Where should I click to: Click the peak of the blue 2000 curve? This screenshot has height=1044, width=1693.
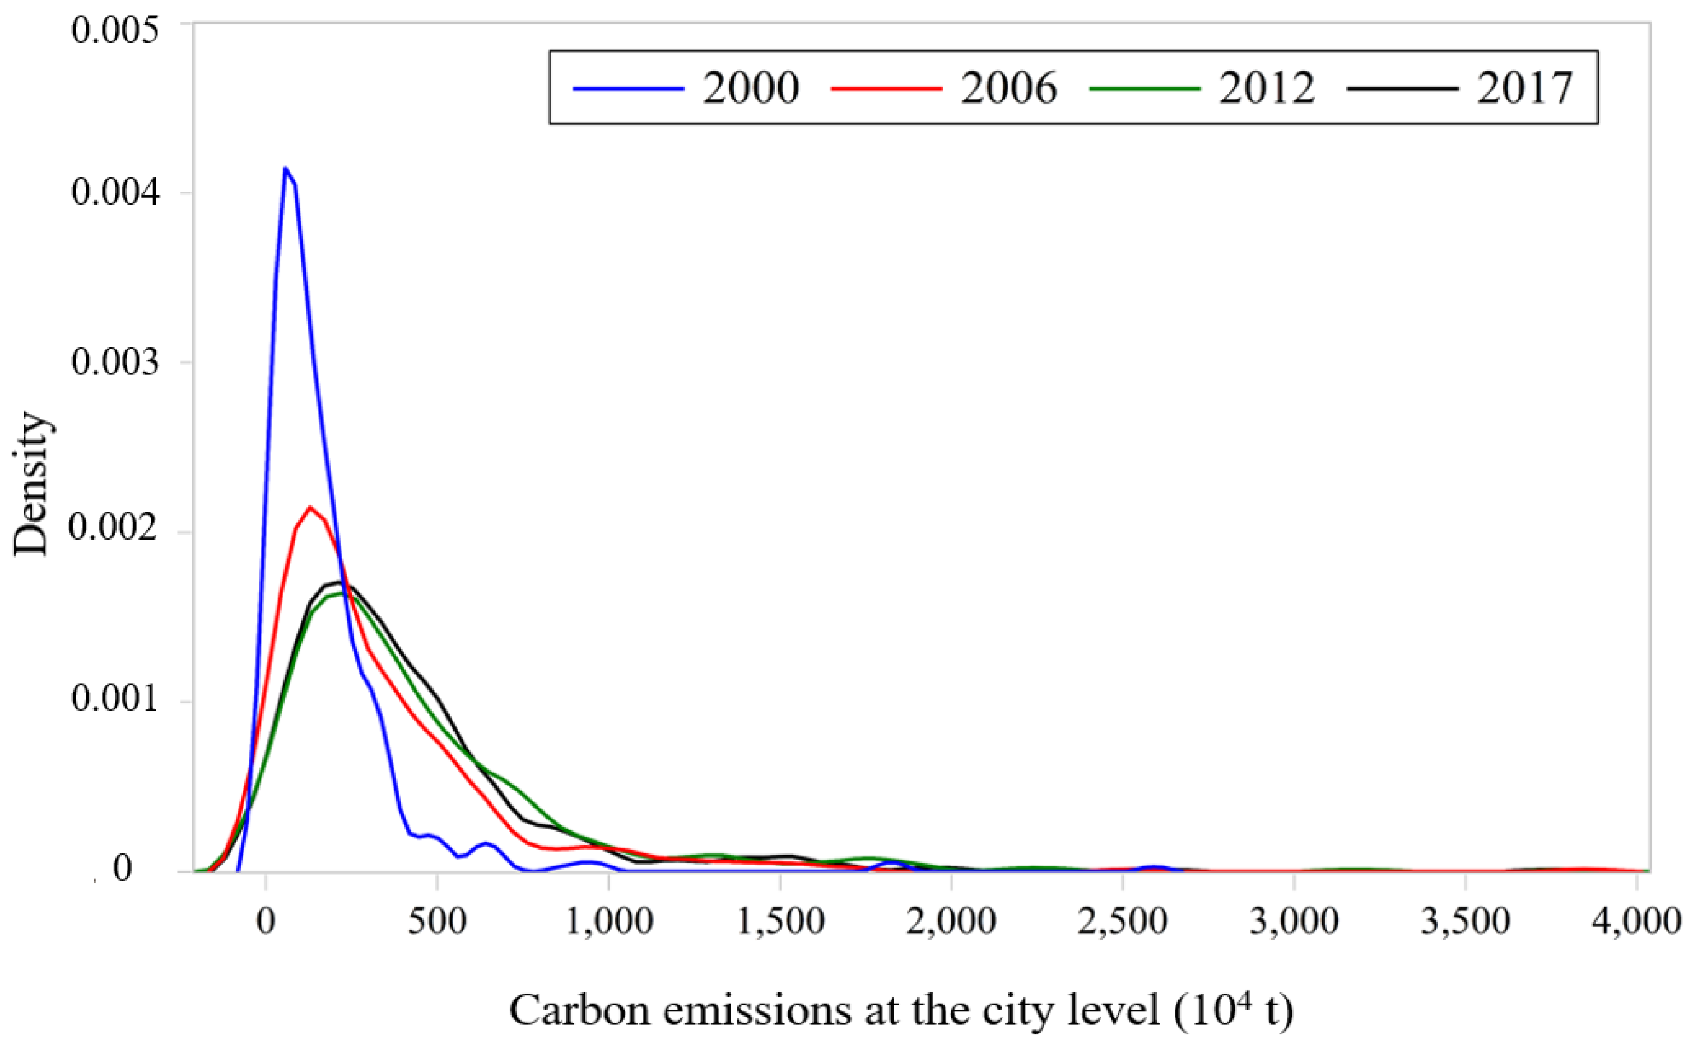(x=285, y=169)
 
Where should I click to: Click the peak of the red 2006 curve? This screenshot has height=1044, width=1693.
(x=310, y=508)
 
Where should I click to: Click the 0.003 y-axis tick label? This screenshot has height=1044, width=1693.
(x=115, y=362)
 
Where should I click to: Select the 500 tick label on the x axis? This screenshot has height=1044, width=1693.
(x=437, y=921)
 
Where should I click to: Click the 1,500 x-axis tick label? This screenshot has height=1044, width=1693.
(x=780, y=921)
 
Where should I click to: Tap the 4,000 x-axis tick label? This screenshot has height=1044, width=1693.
(x=1636, y=921)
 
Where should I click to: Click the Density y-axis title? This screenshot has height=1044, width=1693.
(x=31, y=483)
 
